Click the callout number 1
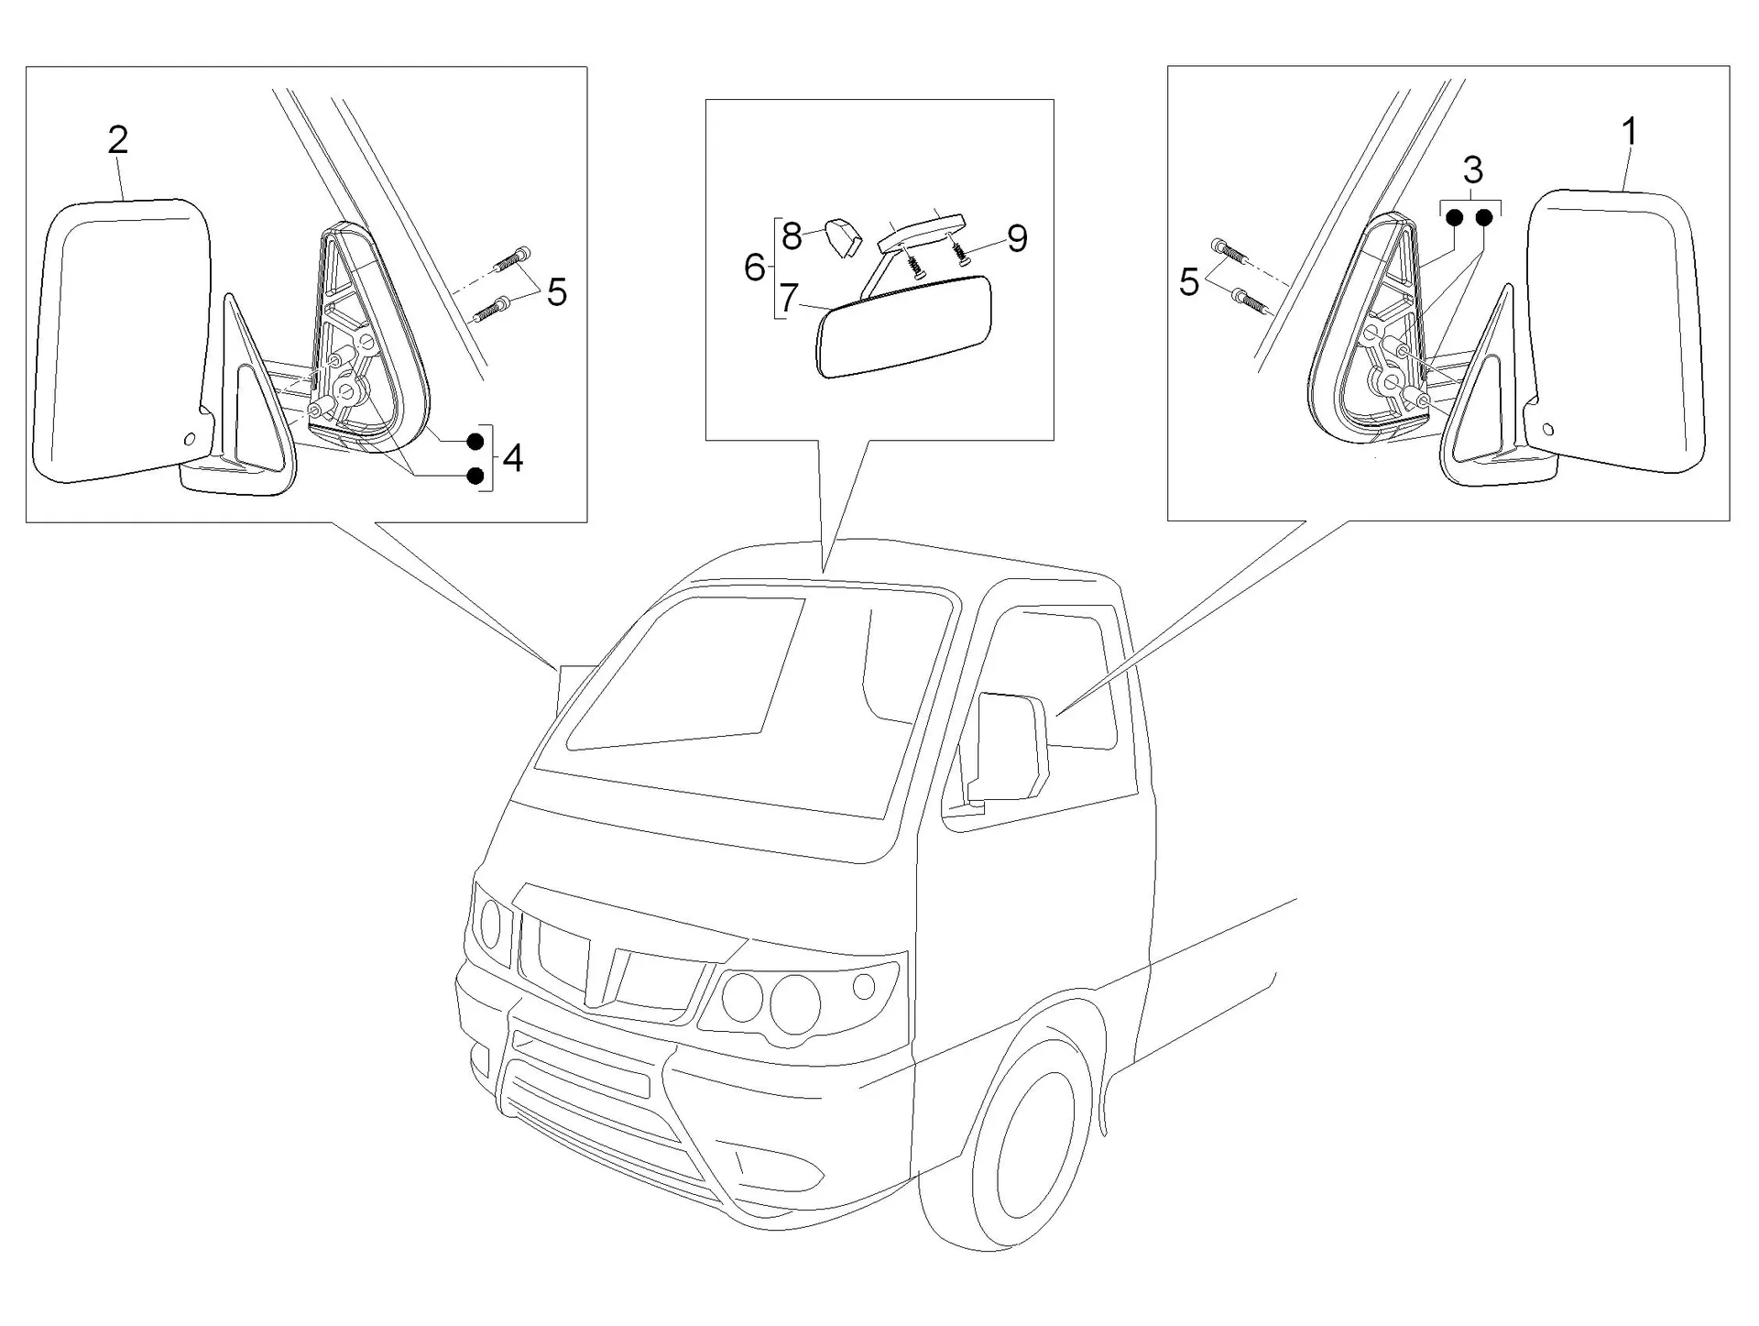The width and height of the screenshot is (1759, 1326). [x=1630, y=133]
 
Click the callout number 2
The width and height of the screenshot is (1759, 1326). [x=118, y=140]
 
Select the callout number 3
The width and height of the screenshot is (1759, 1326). [x=1473, y=170]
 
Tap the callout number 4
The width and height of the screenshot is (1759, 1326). [x=513, y=458]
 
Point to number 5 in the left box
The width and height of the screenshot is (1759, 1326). [x=557, y=293]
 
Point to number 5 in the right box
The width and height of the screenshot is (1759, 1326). [x=1189, y=282]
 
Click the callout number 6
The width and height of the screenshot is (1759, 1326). [x=755, y=268]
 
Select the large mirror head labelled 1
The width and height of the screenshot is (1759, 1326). [x=1615, y=332]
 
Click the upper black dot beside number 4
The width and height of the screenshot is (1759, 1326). [x=475, y=442]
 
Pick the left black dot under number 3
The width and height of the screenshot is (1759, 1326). [x=1454, y=218]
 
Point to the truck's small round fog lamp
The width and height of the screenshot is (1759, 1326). [x=863, y=986]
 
